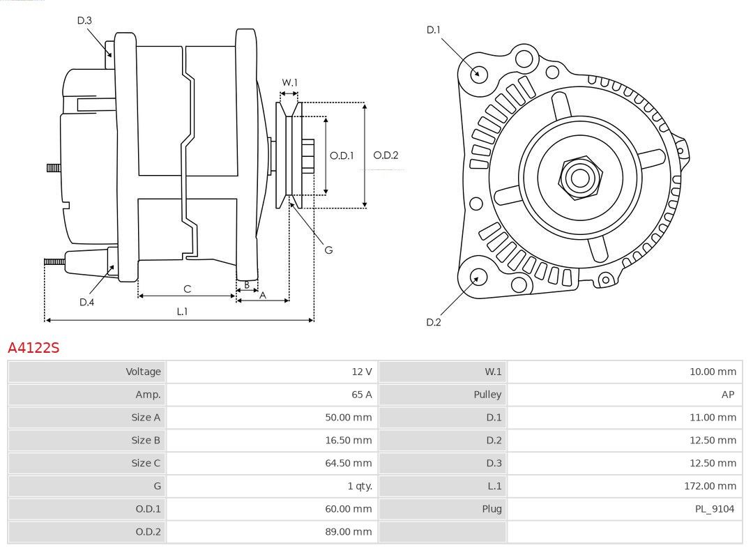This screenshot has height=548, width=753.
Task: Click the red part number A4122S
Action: coord(33,347)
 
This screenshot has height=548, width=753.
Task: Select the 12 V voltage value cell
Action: coord(362,372)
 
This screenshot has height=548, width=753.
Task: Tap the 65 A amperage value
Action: coord(362,395)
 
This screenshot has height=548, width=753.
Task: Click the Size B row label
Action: coord(146,441)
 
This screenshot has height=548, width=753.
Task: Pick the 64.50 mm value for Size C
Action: coord(349,464)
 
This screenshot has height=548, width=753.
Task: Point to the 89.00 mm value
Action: coord(349,532)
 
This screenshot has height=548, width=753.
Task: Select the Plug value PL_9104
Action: coord(715,509)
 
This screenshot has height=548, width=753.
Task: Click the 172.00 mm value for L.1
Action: coord(710,486)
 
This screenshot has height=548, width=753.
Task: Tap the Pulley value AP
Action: coord(728,395)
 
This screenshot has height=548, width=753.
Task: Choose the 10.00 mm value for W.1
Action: coord(713,372)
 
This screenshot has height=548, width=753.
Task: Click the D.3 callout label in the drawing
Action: coord(84,20)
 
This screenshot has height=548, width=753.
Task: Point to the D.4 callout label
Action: coord(86,302)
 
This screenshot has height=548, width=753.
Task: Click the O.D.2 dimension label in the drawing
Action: coord(386,155)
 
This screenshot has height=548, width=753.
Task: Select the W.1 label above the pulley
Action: coord(289,82)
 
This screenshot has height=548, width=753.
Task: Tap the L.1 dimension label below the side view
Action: coord(182,312)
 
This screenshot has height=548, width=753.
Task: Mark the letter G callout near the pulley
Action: coord(328,250)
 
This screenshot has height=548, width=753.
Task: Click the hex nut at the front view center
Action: coord(581,178)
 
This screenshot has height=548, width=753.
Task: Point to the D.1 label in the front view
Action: coord(433,30)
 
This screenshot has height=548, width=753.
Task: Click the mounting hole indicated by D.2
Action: coord(477,278)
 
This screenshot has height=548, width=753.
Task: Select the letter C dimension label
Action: coord(188,289)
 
